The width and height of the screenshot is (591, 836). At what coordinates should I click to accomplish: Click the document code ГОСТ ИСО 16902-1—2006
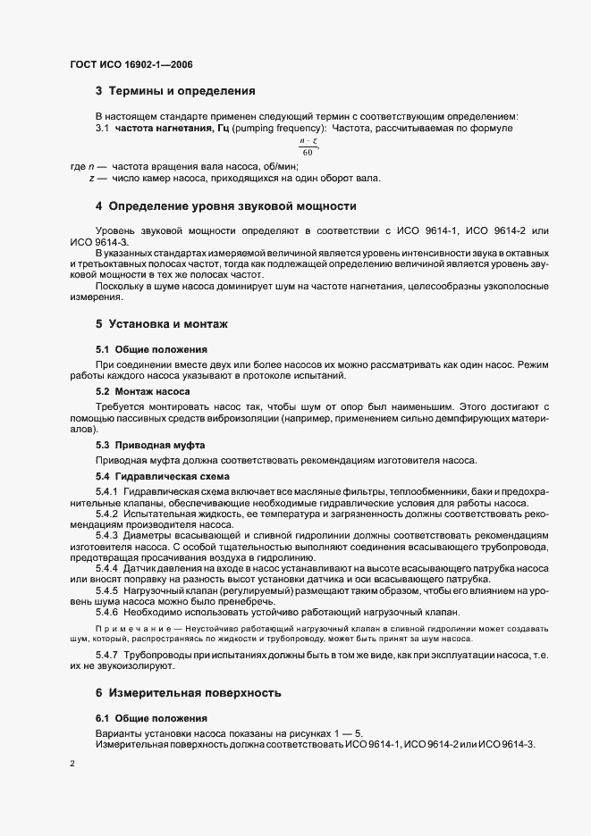131,64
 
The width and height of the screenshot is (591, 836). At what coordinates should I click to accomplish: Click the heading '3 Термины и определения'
175,91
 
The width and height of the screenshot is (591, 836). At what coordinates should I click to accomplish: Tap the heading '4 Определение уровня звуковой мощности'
225,206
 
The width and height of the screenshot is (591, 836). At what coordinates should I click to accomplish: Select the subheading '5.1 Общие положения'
151,349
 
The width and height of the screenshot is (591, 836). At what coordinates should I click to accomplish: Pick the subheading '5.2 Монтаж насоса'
142,392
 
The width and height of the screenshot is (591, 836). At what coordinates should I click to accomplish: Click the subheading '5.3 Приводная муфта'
150,445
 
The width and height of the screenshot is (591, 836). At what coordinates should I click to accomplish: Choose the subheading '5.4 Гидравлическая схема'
156,477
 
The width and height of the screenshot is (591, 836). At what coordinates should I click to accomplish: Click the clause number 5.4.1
107,493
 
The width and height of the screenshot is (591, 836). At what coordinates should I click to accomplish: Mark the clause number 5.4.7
107,656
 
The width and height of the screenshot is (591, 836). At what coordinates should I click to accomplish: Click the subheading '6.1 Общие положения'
151,719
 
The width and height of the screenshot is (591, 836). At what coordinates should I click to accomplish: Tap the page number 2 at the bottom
72,765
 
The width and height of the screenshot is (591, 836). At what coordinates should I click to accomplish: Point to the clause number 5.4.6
107,611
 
